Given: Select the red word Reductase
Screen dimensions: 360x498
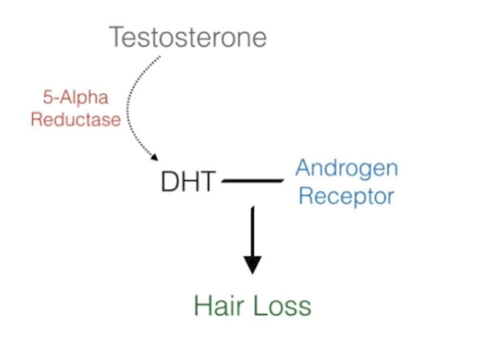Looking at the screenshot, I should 75,120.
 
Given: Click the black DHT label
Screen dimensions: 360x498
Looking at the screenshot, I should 189,181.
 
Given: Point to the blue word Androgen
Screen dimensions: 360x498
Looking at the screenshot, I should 347,168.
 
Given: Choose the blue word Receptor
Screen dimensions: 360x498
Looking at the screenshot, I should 346,196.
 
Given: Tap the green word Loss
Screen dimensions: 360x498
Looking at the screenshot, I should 282,306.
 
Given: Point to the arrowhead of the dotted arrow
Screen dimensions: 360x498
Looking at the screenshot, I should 155,157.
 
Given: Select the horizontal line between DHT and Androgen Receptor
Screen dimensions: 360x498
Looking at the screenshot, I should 253,181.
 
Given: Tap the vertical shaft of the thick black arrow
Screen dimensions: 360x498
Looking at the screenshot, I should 252,230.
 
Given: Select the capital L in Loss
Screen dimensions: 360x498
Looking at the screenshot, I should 261,306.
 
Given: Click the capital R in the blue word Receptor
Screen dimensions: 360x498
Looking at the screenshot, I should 306,196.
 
